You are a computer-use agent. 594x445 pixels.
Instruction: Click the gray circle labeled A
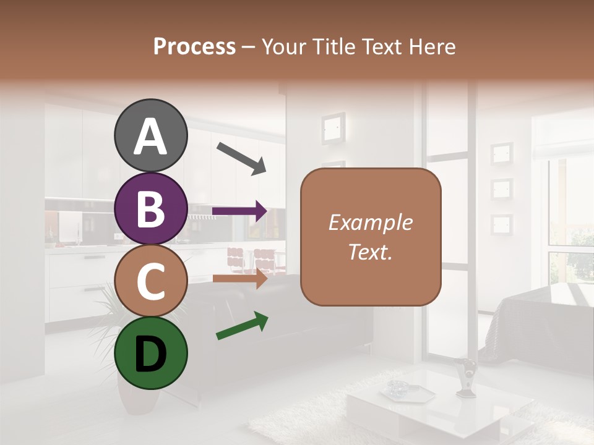coord(150,136)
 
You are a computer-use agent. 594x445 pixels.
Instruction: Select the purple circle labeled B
coord(150,209)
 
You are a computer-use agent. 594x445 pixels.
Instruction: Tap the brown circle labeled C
coord(150,281)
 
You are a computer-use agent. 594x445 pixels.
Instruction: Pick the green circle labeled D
coord(150,354)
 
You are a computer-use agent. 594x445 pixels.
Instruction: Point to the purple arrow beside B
coord(239,211)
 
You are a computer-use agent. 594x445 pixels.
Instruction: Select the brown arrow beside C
coord(239,278)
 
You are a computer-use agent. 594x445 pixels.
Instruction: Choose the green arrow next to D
coord(242,326)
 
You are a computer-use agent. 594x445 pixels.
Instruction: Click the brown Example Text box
coord(371,237)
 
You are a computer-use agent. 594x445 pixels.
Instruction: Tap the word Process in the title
coord(194,46)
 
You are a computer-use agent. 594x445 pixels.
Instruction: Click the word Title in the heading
coord(332,46)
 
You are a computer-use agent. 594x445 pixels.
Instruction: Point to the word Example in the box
coord(371,222)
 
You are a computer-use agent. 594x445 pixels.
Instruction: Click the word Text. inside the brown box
coord(371,252)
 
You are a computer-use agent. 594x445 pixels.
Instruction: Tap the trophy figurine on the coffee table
coord(466,377)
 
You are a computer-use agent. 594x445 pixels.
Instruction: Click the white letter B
coord(150,209)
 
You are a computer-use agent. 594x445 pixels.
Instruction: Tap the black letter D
coord(150,354)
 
